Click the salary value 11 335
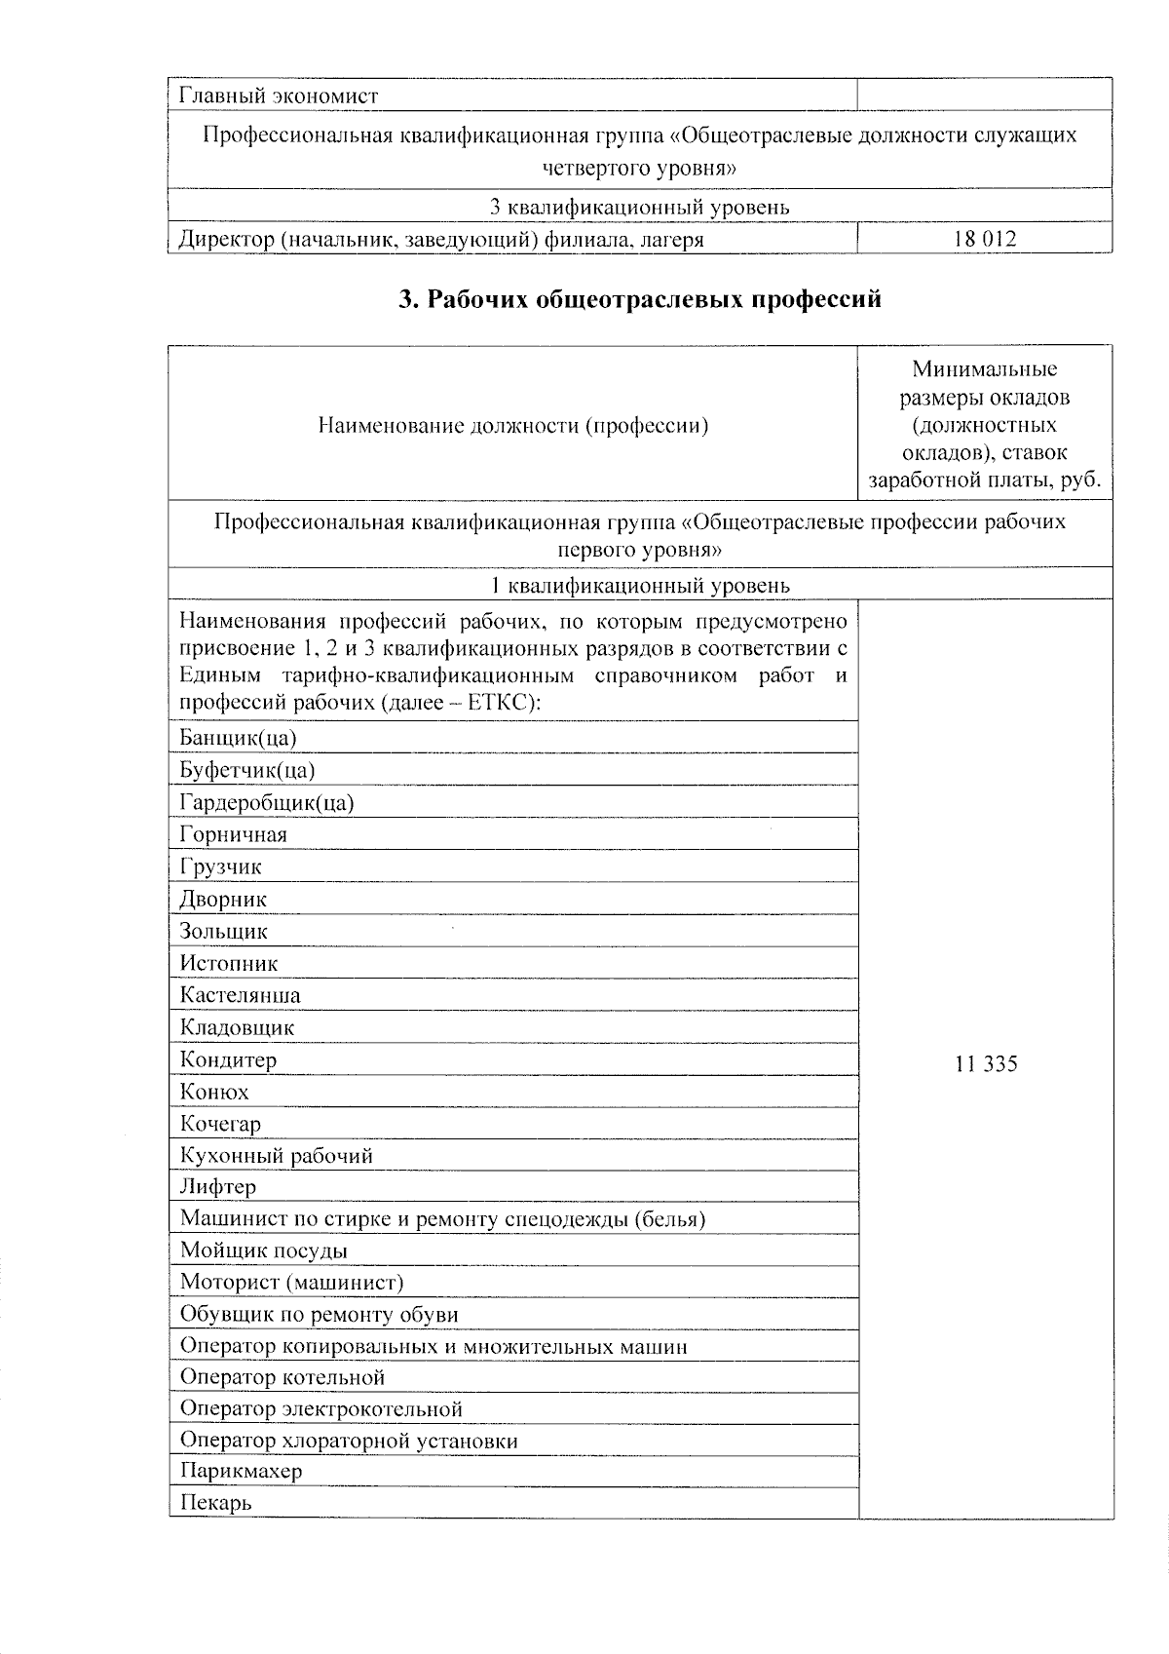986,1063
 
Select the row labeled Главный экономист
279,96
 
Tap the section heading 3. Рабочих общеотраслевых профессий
640,299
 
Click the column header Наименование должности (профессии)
512,425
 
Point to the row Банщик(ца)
238,738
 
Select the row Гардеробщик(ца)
266,802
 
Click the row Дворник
223,899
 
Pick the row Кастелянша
240,995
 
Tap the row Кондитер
228,1059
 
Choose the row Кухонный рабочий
276,1156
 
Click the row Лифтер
218,1187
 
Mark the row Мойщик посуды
263,1250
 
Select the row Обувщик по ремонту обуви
319,1314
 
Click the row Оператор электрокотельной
321,1408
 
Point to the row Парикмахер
241,1471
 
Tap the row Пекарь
215,1503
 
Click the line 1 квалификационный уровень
639,585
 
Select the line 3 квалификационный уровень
639,207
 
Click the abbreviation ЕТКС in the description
497,703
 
